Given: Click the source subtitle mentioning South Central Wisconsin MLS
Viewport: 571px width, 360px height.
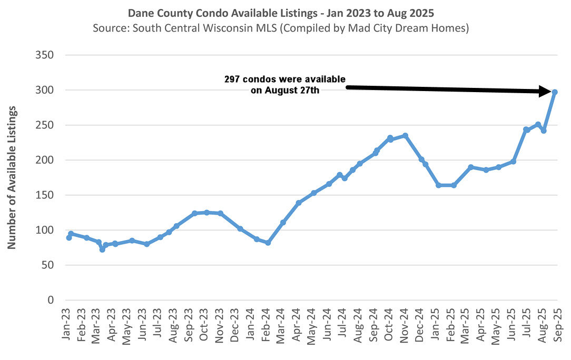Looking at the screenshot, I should [x=280, y=27].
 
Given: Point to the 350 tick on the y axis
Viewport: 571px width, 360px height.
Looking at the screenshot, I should [x=44, y=55].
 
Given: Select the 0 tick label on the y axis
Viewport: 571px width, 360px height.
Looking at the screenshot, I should [x=50, y=300].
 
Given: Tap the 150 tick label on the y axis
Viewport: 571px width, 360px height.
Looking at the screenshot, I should [x=44, y=195].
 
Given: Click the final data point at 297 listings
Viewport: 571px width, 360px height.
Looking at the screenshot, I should [x=555, y=92].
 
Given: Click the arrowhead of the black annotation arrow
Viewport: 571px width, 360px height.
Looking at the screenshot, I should [x=547, y=92].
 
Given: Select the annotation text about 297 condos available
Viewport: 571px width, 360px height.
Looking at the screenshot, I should [x=285, y=85].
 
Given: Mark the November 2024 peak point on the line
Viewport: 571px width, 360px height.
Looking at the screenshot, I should [x=405, y=135].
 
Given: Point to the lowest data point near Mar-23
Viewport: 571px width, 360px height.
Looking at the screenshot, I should [x=102, y=249].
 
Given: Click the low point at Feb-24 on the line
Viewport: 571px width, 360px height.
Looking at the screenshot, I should [x=268, y=243].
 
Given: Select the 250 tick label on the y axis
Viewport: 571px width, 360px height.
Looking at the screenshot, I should [x=44, y=125].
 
